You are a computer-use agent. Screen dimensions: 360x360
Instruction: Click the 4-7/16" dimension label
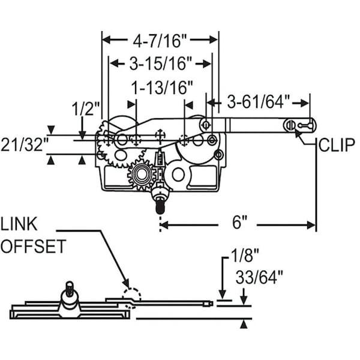pos(160,41)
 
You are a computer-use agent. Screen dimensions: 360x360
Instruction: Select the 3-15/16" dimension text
pos(160,62)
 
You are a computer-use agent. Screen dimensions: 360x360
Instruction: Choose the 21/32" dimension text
pos(23,144)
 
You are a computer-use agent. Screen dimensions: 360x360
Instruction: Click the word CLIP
pos(337,144)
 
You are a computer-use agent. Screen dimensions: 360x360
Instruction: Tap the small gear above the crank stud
pos(142,175)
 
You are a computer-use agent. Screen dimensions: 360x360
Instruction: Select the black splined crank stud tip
pos(160,206)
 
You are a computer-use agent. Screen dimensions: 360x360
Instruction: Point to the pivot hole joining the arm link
pos(206,125)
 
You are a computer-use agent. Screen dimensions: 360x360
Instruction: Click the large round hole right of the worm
pos(177,175)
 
